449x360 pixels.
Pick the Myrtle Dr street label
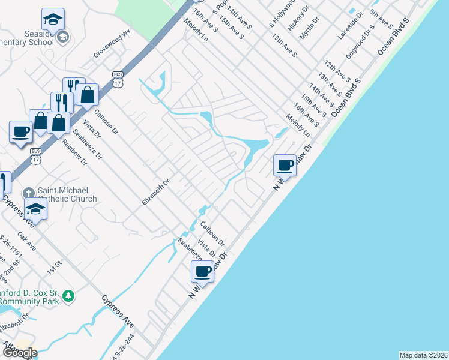point(310,28)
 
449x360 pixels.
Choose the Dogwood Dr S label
point(360,41)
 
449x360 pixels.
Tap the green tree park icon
point(69,295)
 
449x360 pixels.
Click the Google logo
point(19,352)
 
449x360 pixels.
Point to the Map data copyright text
point(423,355)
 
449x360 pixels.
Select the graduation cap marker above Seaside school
point(53,19)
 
